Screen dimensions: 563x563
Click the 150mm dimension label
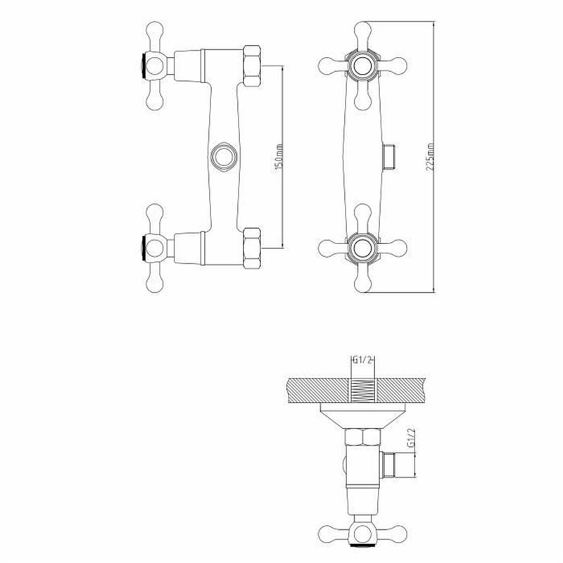coord(279,160)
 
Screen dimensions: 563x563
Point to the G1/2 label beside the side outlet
coord(410,443)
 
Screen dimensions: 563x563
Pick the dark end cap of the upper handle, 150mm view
coord(144,63)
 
